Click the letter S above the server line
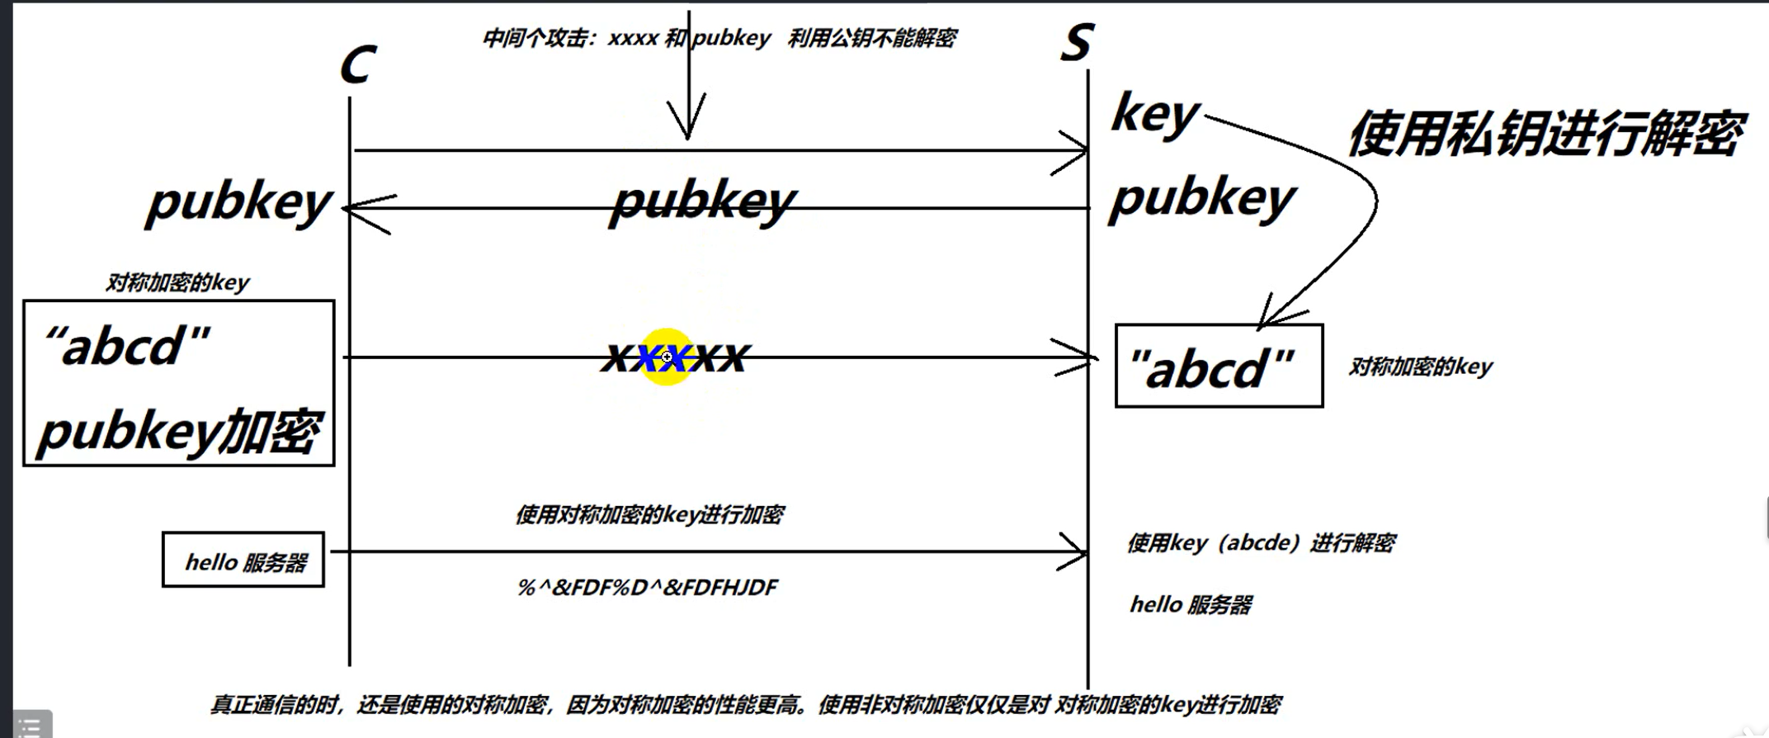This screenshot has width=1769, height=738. [x=1077, y=42]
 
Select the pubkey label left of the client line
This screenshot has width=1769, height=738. [x=238, y=202]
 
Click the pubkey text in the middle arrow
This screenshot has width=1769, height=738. [x=703, y=201]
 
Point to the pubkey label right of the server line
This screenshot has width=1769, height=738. [x=1202, y=199]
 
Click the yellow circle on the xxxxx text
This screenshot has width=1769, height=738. [x=666, y=357]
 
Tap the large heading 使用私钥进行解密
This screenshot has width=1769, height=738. [x=1545, y=133]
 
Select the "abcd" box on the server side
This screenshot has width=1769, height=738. [x=1219, y=366]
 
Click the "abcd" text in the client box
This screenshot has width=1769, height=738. [x=128, y=345]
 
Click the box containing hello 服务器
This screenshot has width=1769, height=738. [x=243, y=560]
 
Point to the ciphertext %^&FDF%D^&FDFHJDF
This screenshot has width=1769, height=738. [x=648, y=588]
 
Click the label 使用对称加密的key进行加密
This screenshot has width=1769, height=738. [x=649, y=515]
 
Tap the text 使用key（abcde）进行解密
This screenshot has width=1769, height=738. [x=1261, y=543]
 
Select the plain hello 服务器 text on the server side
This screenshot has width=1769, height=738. [x=1191, y=605]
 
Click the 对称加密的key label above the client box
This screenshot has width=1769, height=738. [x=177, y=282]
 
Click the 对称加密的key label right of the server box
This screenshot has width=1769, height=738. [x=1421, y=367]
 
